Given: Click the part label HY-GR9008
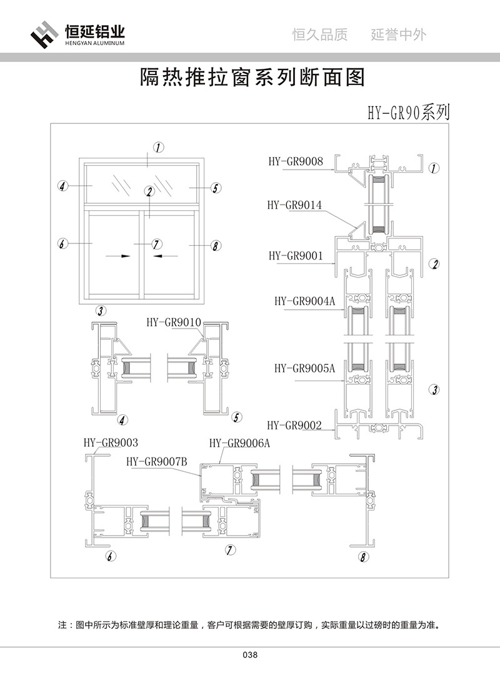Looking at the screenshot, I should [296, 162].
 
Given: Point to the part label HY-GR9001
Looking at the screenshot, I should [296, 255].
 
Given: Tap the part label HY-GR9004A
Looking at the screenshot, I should [304, 301].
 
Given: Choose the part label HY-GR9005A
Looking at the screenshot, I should [304, 368].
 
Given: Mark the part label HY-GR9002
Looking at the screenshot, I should [294, 426].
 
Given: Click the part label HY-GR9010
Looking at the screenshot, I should [173, 322].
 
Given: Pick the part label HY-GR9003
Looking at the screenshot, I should [111, 442].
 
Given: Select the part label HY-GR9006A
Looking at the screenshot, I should [239, 443].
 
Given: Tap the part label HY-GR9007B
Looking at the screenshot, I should [157, 462].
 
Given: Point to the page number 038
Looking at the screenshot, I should [250, 655].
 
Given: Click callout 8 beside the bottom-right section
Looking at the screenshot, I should [364, 556].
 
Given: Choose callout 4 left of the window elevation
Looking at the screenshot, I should [62, 186].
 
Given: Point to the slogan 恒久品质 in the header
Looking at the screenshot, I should [320, 35].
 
